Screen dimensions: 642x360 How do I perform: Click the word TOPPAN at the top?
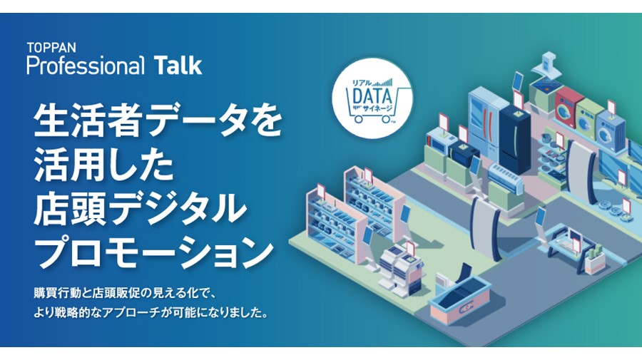51,48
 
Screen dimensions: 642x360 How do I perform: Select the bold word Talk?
178,66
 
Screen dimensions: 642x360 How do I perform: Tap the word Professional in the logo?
86,66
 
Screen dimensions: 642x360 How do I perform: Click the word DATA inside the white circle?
372,97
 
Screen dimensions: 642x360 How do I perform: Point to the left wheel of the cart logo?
359,119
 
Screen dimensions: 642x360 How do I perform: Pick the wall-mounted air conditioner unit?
505,178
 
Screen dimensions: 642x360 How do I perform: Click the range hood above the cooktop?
549,66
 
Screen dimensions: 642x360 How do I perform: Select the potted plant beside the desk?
594,259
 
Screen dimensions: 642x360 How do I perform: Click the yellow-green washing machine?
590,118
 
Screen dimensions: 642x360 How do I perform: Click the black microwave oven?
464,153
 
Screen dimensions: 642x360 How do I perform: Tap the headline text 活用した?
104,166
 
